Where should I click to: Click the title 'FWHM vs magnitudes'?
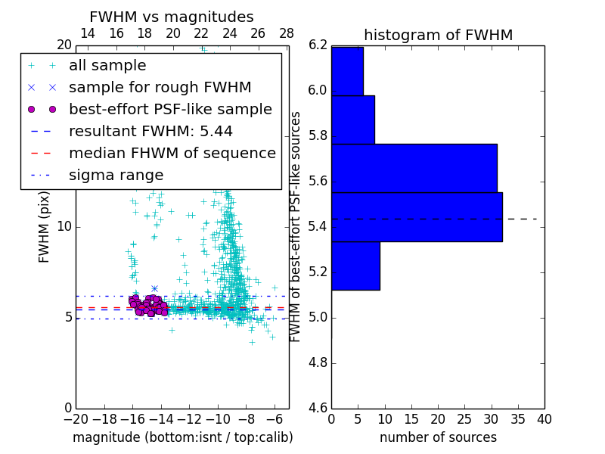171,17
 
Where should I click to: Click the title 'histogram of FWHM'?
438,35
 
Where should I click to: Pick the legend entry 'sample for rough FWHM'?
160,87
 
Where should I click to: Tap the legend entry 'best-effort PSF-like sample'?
170,109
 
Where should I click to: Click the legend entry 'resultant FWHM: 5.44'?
150,131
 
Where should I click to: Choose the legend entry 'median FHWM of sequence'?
172,153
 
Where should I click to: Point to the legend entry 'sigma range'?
116,176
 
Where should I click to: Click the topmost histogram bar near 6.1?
347,71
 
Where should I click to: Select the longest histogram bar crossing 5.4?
417,217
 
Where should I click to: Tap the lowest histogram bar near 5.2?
355,266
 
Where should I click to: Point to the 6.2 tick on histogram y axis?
318,45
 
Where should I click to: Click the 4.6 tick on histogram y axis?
318,408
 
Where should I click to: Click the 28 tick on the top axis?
287,33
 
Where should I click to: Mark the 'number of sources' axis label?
438,437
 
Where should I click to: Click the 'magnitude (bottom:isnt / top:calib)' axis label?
182,437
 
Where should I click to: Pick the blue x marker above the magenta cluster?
154,288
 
